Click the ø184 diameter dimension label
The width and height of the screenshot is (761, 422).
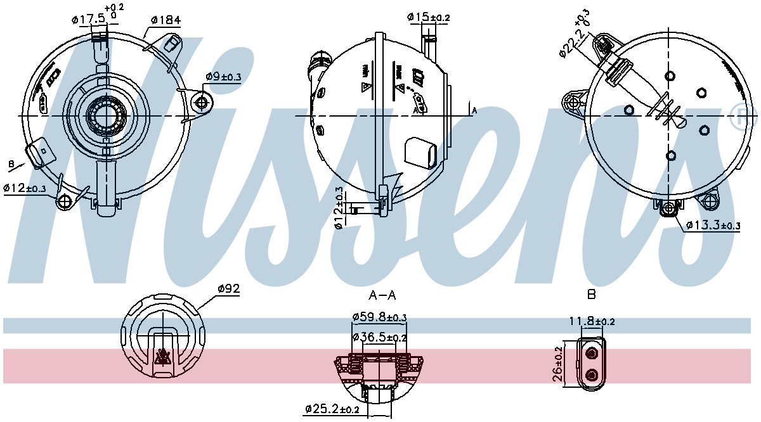click(166, 20)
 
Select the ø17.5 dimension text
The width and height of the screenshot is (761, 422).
click(89, 19)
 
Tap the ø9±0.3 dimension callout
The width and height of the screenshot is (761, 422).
click(223, 77)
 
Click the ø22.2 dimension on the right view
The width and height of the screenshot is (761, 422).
click(571, 36)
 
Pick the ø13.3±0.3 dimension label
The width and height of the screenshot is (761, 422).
click(713, 225)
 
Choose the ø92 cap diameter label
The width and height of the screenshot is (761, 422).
click(228, 288)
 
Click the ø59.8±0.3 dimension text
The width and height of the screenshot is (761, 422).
click(379, 317)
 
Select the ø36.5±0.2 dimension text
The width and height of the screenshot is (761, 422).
click(379, 338)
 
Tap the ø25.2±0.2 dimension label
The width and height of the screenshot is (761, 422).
click(332, 409)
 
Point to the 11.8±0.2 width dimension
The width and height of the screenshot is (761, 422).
click(591, 321)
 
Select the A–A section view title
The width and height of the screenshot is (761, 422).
click(382, 295)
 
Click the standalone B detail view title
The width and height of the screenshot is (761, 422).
click(591, 295)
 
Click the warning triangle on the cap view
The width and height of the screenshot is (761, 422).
click(163, 359)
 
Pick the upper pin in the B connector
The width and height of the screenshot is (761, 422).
click(592, 353)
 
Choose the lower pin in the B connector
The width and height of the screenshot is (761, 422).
click(592, 375)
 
